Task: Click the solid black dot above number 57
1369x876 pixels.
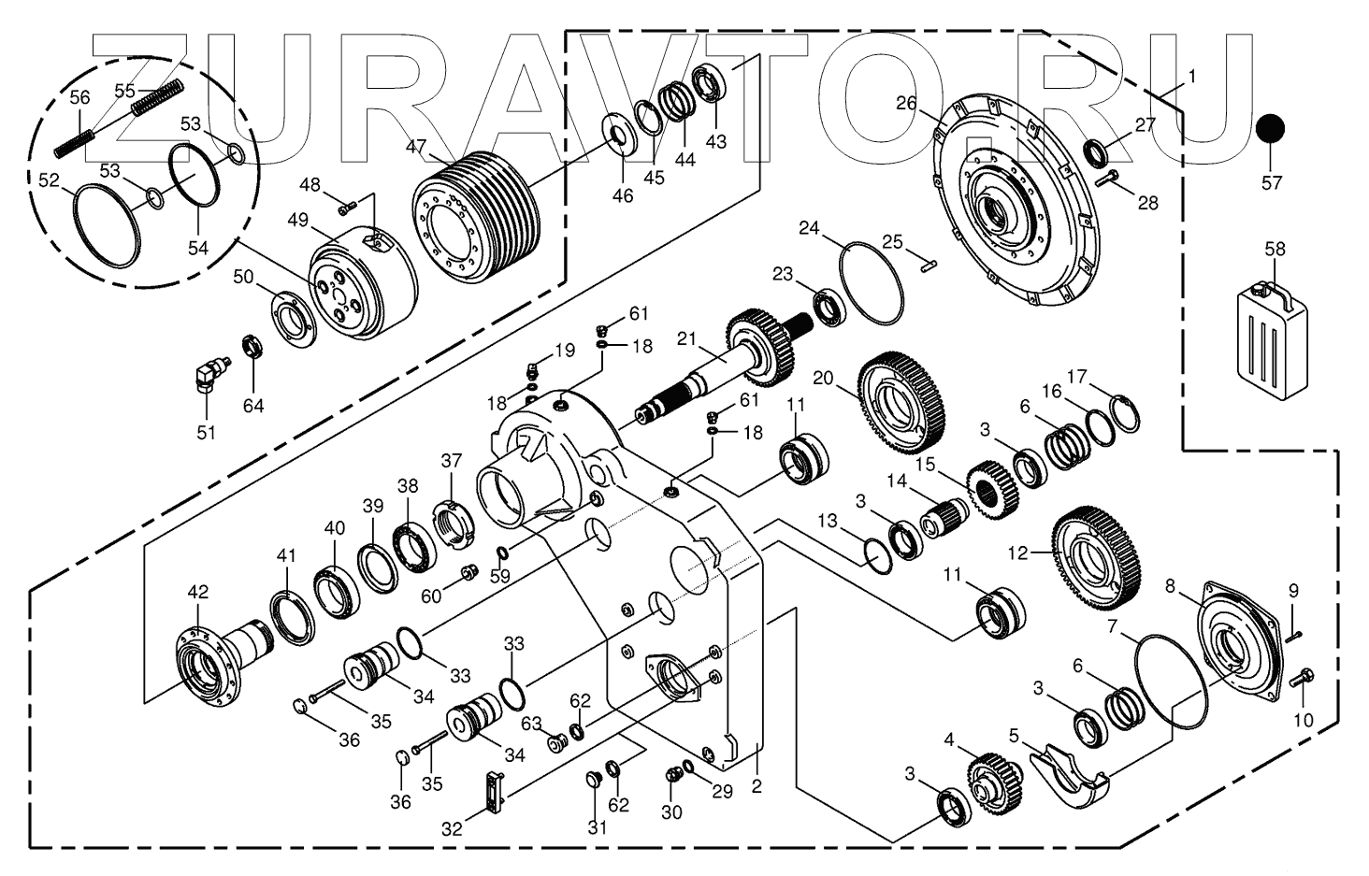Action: pos(1270,130)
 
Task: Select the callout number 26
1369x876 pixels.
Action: pos(906,104)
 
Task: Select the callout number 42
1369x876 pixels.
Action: pos(198,592)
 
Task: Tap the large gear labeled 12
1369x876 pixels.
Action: pos(1093,558)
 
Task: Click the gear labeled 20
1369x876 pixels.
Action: pos(901,401)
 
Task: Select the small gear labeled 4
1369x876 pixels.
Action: pos(993,784)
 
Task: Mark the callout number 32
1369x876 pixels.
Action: pos(453,828)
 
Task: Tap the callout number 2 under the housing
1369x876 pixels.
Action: pos(757,786)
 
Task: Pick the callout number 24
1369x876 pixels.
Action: pos(809,228)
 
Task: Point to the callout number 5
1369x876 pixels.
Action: pos(1014,735)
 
